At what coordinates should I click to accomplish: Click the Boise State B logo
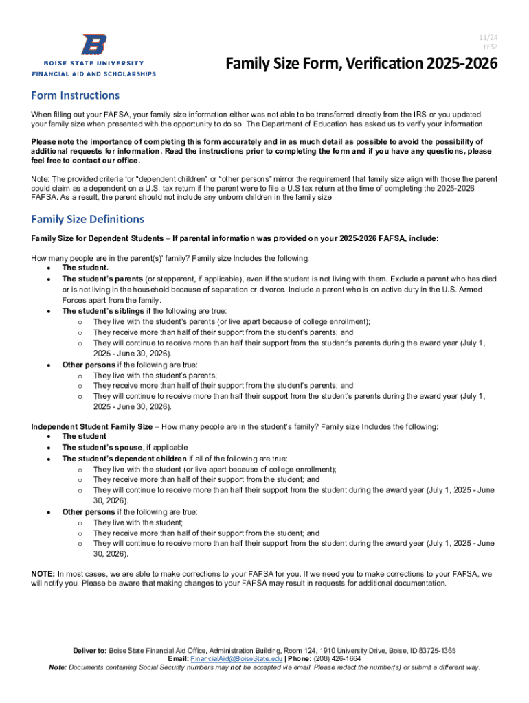pos(93,45)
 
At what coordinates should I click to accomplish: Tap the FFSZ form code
pos(490,47)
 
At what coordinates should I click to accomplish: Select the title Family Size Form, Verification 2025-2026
pos(362,65)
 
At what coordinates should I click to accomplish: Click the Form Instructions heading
pos(76,95)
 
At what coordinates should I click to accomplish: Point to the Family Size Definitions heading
pos(87,219)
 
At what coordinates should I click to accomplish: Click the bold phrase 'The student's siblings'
pos(103,311)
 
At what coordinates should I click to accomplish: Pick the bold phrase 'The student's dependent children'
pos(124,459)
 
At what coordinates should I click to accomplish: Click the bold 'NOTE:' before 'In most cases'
pos(43,573)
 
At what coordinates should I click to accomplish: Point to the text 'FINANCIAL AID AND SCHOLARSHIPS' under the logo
pos(94,73)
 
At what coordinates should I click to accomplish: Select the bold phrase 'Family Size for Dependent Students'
pos(98,238)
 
